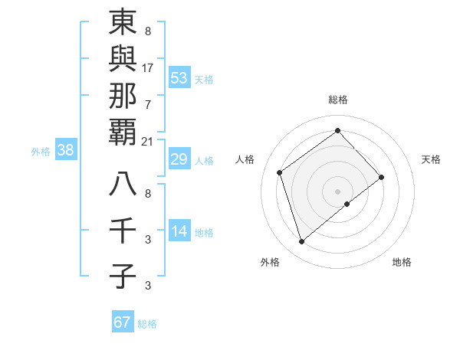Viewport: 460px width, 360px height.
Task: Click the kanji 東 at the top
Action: tap(123, 23)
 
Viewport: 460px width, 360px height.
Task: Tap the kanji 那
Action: tap(123, 97)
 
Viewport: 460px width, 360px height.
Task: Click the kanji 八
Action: tap(123, 185)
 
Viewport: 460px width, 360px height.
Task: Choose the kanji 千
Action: tap(123, 230)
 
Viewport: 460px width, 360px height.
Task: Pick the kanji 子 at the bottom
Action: tap(123, 275)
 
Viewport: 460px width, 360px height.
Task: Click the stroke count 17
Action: tap(148, 67)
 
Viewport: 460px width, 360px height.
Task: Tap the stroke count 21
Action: tap(148, 141)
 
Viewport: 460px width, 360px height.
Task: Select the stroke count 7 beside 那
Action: tap(148, 103)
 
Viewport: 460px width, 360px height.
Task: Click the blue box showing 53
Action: tap(179, 78)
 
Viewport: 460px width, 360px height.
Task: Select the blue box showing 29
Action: tap(179, 159)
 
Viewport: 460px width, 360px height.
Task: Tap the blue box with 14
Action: tap(179, 231)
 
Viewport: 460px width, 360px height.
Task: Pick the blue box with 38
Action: tap(66, 150)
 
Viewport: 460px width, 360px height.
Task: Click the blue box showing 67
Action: tap(123, 322)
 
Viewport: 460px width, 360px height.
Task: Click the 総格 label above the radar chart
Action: tap(337, 100)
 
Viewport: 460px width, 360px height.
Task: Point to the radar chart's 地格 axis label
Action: tap(402, 262)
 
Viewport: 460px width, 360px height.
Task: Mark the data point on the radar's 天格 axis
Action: tap(381, 177)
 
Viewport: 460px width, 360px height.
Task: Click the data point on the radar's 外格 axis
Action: tap(301, 242)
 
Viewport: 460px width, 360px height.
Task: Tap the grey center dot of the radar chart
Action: tap(337, 190)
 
